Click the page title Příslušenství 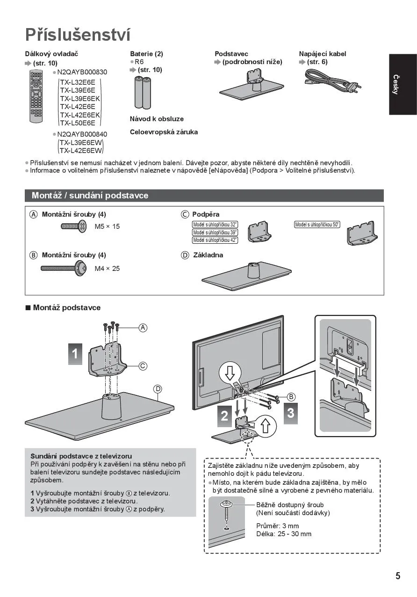tap(78, 35)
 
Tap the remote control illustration tap(36, 96)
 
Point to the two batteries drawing tap(143, 92)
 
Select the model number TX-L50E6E tap(77, 123)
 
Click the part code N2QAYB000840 tap(82, 134)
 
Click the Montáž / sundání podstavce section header tap(90, 195)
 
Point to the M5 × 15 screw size tap(107, 226)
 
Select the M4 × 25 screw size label tap(107, 269)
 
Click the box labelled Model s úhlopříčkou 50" tap(317, 225)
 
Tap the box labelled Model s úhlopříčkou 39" tap(215, 233)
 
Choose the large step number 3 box tap(290, 413)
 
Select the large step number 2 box tap(225, 415)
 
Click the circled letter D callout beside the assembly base tap(158, 389)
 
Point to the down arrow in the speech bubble tap(230, 373)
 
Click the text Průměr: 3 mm tap(277, 526)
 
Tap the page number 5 tap(397, 575)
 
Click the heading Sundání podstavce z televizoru tap(81, 456)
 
